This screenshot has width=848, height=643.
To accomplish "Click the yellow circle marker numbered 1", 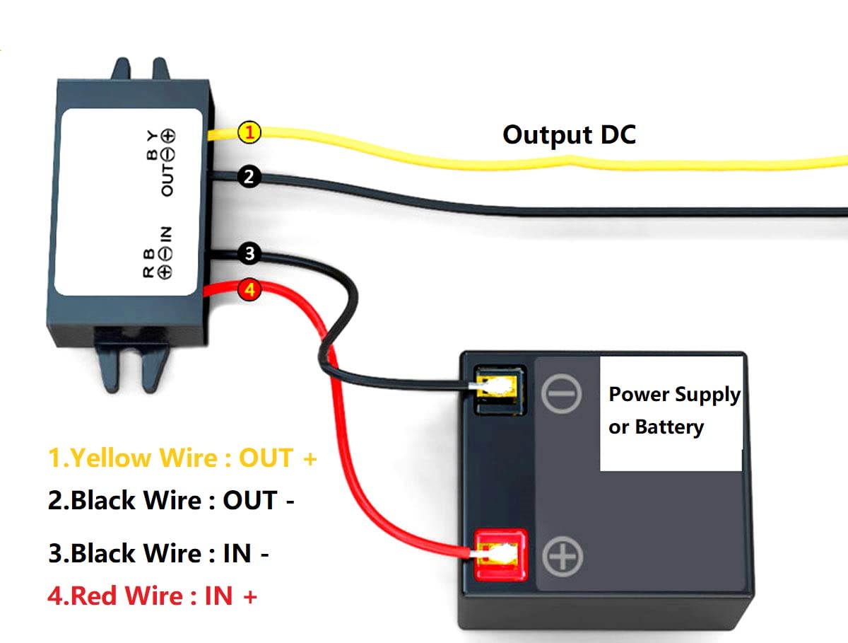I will (x=249, y=132).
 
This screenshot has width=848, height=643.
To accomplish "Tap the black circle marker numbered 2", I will (x=248, y=177).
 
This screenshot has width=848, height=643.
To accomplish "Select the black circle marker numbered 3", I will (x=249, y=254).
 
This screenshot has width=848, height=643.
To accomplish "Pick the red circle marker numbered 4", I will (x=249, y=289).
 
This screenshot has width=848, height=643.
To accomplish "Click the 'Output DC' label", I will (x=569, y=134).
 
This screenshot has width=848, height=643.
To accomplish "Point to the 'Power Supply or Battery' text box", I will (x=671, y=412).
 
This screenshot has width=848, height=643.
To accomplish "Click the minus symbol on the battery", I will (x=561, y=394).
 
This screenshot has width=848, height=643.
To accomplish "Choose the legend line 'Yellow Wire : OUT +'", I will (x=182, y=458).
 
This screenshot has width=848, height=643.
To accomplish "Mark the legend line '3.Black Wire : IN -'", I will (x=158, y=553).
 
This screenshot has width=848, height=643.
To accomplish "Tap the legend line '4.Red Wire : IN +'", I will (x=153, y=596).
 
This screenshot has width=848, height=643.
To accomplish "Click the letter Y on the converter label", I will (x=151, y=134).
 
